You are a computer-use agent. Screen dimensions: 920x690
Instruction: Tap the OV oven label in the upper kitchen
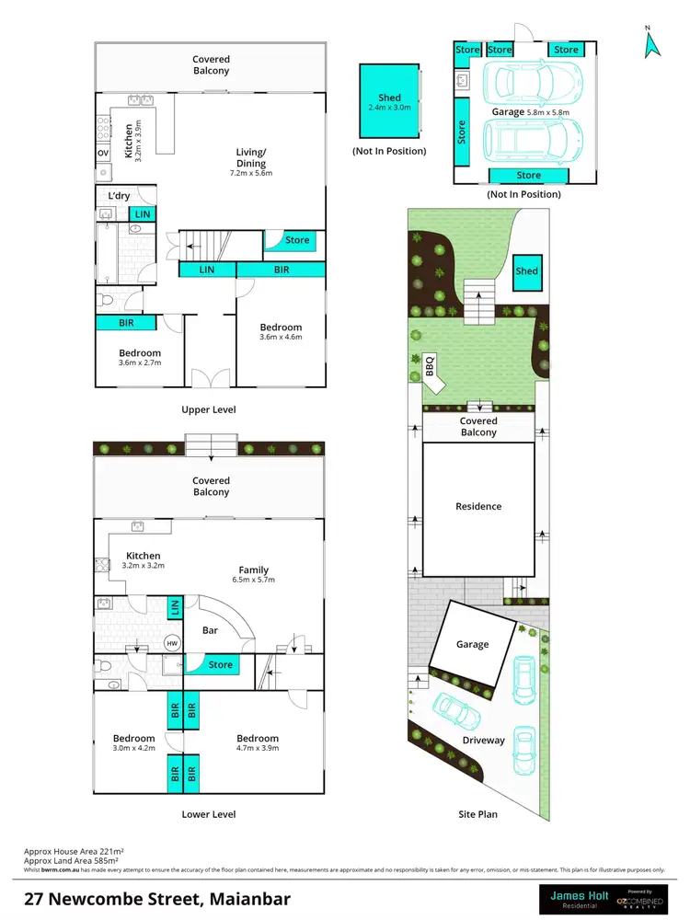(103, 153)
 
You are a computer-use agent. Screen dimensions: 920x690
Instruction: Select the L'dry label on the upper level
(119, 196)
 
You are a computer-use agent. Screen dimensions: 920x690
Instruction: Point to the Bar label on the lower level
(211, 631)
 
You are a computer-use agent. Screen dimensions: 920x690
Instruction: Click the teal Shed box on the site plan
(526, 271)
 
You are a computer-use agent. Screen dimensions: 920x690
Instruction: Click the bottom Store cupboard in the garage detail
(528, 175)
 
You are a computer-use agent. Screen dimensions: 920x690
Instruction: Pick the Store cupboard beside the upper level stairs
(296, 241)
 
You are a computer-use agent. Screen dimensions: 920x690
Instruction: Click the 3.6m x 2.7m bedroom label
(140, 358)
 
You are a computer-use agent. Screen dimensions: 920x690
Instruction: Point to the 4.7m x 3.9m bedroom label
(257, 743)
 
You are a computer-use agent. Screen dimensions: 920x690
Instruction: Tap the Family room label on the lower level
(254, 575)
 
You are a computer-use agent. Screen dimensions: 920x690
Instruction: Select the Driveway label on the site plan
(484, 740)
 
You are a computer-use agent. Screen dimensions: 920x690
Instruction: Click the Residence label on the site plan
(478, 506)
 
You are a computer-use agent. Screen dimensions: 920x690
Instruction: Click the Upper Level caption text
(210, 409)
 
